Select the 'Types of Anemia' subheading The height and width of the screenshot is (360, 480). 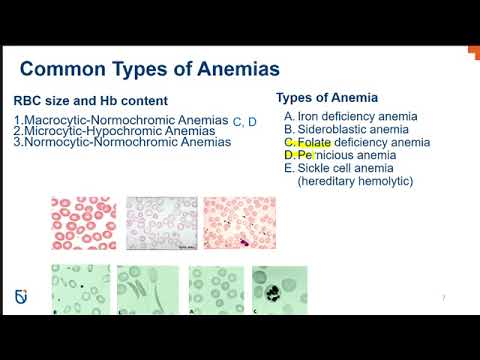[x=326, y=97]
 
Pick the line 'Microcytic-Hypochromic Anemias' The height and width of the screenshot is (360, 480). [x=118, y=131]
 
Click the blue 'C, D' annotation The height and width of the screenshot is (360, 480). [x=245, y=122]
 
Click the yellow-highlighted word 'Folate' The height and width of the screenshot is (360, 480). [x=314, y=142]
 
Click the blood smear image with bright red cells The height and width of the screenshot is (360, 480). [x=83, y=222]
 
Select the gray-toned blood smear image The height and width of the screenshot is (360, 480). [x=161, y=222]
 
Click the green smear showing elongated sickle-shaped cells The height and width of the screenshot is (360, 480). [x=148, y=291]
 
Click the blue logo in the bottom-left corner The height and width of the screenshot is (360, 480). [x=24, y=297]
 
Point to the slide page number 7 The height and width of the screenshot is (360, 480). [x=444, y=298]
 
